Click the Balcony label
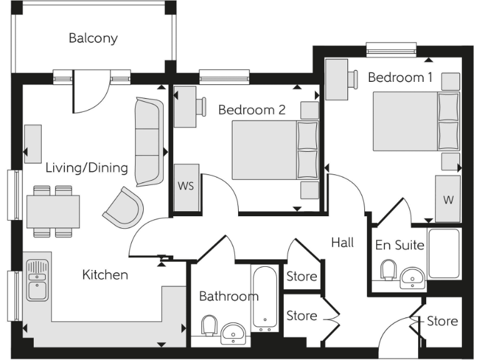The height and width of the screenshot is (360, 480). click(x=93, y=38)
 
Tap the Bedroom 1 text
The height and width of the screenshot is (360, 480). click(x=400, y=77)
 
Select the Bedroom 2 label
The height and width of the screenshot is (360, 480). click(x=252, y=110)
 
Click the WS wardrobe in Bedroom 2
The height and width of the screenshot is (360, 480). click(x=186, y=187)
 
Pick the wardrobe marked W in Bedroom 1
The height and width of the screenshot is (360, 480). click(x=447, y=199)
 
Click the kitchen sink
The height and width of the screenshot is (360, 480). click(x=37, y=279)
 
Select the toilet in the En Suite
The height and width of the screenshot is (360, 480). click(x=387, y=270)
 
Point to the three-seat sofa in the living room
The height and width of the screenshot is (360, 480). click(x=149, y=142)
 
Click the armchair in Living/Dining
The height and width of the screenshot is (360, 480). click(x=122, y=207)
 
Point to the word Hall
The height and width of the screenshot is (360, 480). click(x=342, y=242)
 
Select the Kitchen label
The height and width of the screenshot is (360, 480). click(x=105, y=275)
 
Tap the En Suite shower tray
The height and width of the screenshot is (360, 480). click(x=444, y=253)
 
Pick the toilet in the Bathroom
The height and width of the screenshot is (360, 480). click(x=209, y=326)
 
